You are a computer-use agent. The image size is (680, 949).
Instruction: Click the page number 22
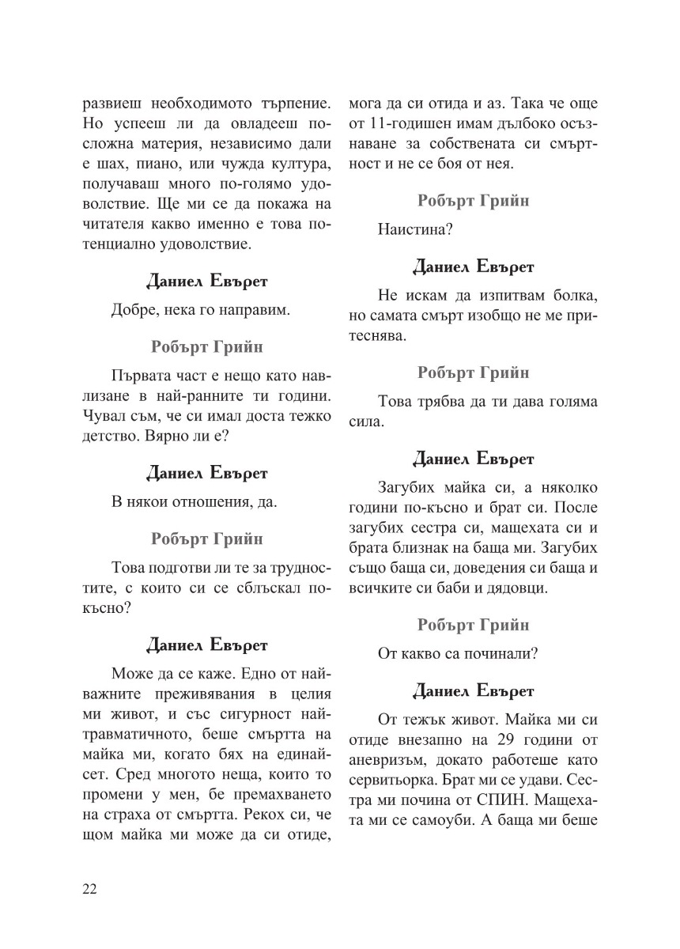89,889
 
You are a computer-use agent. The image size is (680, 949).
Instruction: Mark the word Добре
133,311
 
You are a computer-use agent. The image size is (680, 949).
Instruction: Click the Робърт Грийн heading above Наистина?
473,200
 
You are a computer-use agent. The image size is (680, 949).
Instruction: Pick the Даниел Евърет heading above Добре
207,281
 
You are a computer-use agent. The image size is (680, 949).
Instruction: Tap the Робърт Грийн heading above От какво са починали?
473,625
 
